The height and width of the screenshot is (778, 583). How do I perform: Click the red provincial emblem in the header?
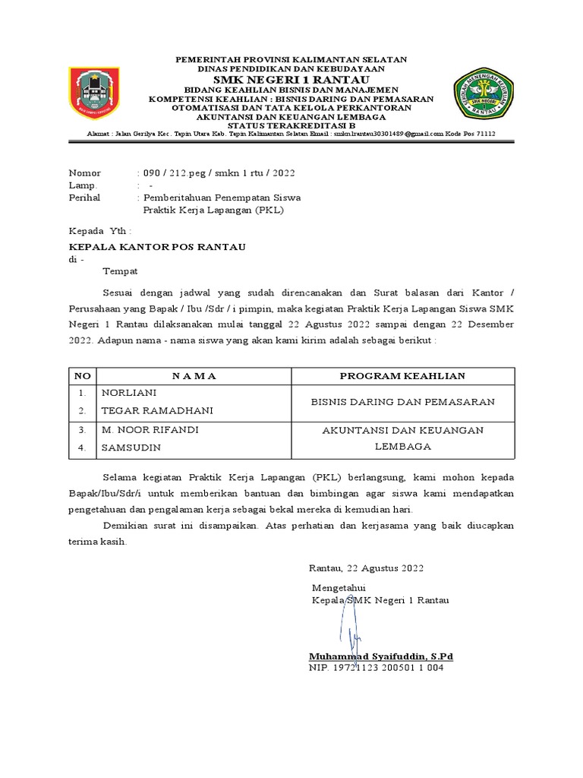point(93,92)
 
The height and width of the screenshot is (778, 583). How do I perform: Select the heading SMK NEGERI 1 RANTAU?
point(291,80)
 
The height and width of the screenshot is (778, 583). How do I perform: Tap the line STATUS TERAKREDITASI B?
point(291,125)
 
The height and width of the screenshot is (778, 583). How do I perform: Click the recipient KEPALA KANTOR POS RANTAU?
point(157,247)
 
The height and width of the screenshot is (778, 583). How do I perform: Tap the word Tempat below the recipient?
point(121,270)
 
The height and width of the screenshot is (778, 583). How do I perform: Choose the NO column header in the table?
point(82,376)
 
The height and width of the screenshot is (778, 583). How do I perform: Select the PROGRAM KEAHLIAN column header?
point(402,376)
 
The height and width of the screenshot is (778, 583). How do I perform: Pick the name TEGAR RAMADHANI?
point(157,411)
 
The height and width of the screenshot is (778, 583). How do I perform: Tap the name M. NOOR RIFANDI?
point(150,430)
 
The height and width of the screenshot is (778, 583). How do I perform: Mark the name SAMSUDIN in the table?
point(131,448)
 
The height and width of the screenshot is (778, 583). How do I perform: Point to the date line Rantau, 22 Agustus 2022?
point(366,568)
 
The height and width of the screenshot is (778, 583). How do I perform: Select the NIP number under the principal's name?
point(376,668)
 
